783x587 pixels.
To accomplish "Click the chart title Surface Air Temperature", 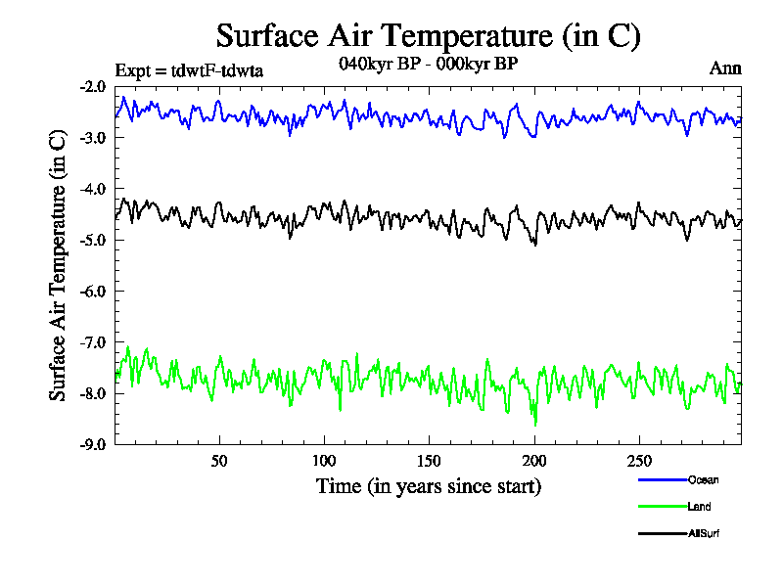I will [428, 36].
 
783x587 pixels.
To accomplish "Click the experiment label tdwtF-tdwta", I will [189, 69].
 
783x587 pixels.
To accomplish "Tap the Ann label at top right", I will [725, 68].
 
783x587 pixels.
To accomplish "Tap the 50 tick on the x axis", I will [219, 461].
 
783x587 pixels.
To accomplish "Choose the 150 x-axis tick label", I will [429, 461].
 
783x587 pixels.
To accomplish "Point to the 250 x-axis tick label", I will [638, 461].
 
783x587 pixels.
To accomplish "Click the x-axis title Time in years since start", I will [428, 485].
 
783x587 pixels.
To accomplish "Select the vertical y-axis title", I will [59, 265].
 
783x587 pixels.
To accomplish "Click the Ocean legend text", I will [704, 479].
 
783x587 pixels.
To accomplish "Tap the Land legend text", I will [700, 507].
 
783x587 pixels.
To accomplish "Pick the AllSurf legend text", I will [706, 533].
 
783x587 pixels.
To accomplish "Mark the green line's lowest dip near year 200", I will [535, 423].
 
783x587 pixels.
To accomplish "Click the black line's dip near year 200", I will [535, 245].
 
